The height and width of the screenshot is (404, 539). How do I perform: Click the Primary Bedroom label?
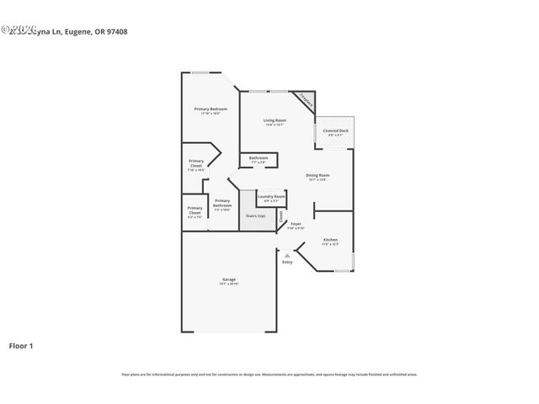tap(211, 109)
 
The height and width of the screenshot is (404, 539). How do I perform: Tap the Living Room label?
tap(275, 120)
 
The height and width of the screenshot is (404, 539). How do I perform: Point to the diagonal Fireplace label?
tap(308, 100)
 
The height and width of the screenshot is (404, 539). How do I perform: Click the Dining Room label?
tap(318, 175)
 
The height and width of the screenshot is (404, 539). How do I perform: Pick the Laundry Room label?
tap(271, 196)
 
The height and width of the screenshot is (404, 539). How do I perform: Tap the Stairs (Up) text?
tap(255, 216)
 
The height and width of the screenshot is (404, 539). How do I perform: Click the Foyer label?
tap(296, 223)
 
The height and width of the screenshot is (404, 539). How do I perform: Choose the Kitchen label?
tap(331, 240)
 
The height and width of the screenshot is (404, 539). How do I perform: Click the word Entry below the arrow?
tap(287, 262)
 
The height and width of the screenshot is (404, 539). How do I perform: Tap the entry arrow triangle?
tap(287, 254)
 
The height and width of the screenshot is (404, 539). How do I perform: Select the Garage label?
tap(229, 279)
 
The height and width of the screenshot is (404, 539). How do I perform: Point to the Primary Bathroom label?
tap(222, 203)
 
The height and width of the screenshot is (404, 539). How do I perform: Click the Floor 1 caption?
tap(21, 345)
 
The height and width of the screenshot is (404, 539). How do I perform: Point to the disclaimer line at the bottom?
tap(269, 375)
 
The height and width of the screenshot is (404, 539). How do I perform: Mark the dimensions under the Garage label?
tap(229, 284)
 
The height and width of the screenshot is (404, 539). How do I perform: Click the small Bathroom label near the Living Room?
tap(259, 157)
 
